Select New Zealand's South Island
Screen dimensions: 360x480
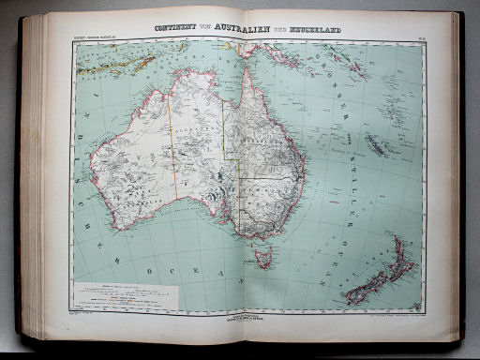[x=370, y=286]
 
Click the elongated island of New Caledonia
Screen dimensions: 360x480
[x=375, y=145]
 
